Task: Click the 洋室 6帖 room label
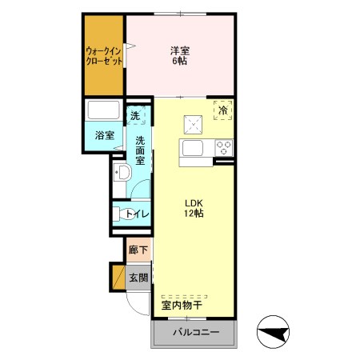coord(180,55)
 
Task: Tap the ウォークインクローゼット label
coord(104,56)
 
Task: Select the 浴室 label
coord(105,135)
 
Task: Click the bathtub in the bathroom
coord(103,110)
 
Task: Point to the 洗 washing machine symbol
coord(135,115)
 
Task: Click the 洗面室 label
coord(140,150)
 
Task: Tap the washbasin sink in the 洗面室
coord(122,172)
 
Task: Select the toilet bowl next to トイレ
coord(124,214)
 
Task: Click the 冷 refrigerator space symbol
coord(223,110)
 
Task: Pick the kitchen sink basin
coord(193,148)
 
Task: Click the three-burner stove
coord(224,148)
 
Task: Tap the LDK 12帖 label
coord(194,208)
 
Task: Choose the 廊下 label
coord(138,250)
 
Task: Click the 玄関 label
coord(138,278)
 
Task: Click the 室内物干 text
coord(182,305)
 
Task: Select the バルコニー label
coord(196,332)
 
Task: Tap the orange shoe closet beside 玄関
coord(118,278)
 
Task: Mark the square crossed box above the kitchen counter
coord(193,125)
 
